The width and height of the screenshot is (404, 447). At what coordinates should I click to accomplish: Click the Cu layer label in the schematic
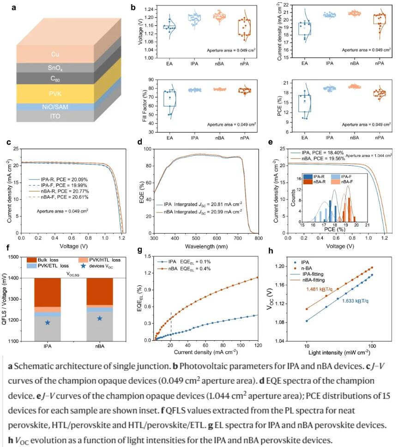(55, 54)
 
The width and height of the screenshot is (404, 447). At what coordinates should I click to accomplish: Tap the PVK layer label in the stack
(55, 93)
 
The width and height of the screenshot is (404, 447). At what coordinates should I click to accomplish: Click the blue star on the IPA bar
(48, 322)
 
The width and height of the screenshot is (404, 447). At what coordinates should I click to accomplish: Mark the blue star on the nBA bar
(100, 318)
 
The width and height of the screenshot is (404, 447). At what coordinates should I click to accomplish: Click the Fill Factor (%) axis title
(144, 105)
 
